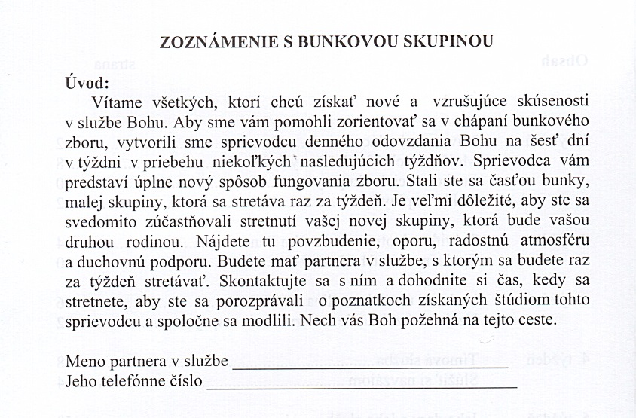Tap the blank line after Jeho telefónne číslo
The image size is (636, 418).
(x=362, y=386)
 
